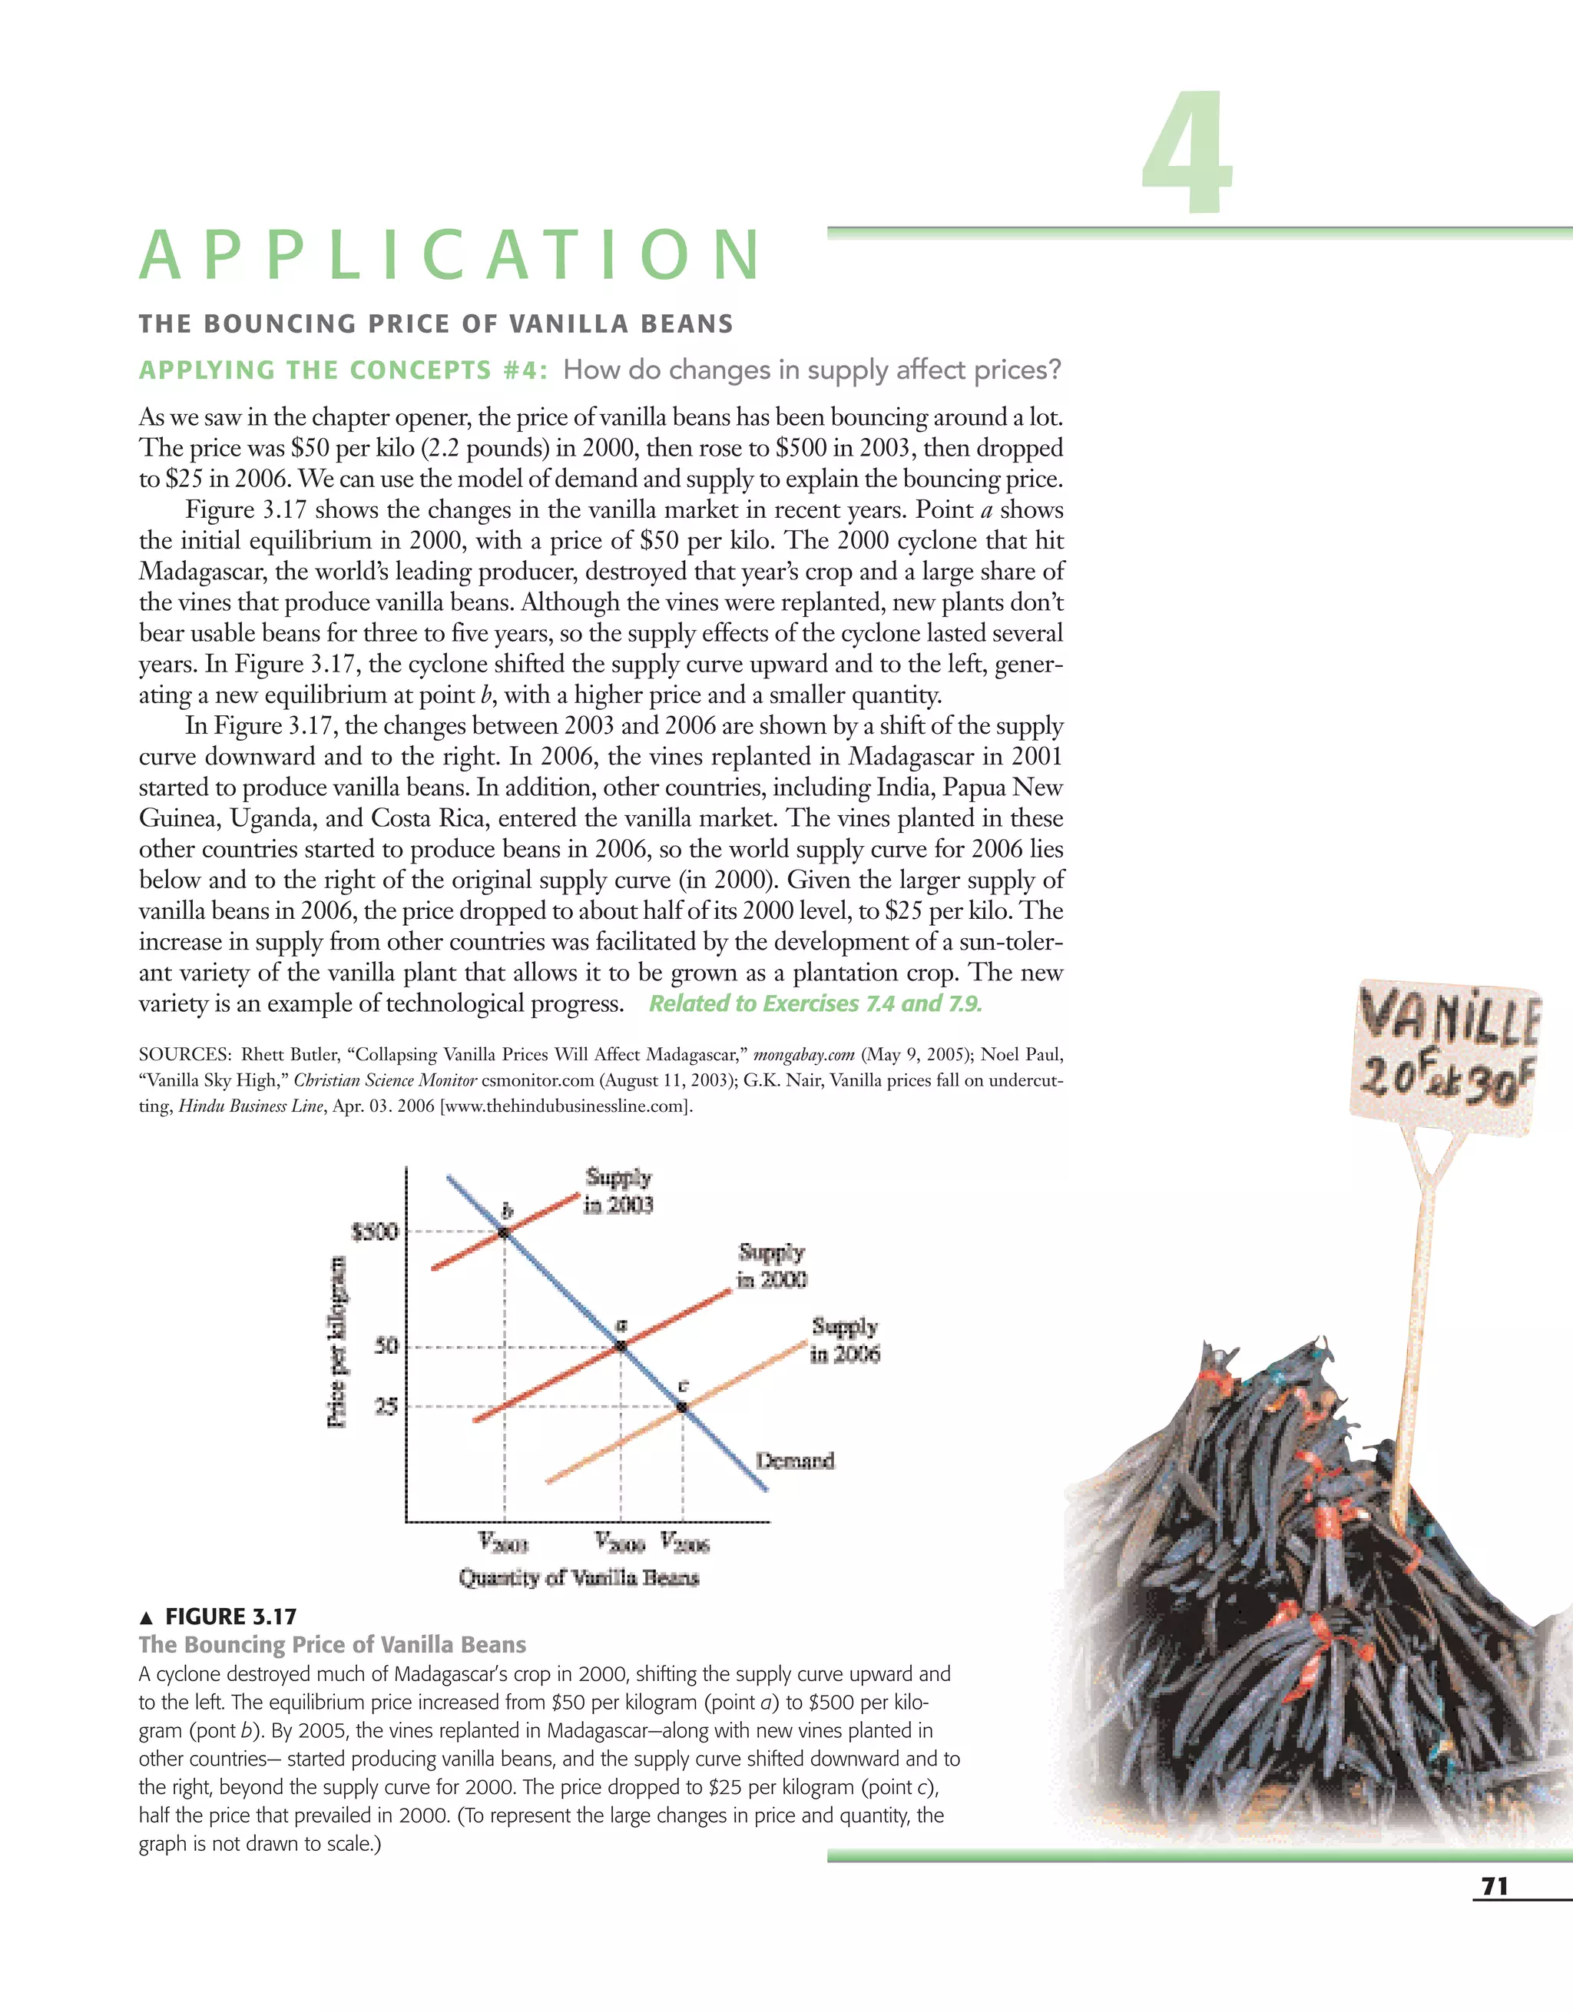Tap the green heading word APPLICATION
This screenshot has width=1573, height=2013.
click(451, 255)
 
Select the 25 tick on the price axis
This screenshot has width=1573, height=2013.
click(386, 1407)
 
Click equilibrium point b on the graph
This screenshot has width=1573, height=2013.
click(504, 1232)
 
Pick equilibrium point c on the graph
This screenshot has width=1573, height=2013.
click(682, 1407)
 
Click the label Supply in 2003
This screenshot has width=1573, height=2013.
click(618, 1191)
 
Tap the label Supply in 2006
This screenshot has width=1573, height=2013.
click(844, 1340)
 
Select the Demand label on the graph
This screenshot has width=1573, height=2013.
click(794, 1460)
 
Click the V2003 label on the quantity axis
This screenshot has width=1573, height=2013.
click(503, 1541)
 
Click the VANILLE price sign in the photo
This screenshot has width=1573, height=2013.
click(1445, 1053)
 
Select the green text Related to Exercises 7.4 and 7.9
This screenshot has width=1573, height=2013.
click(816, 1003)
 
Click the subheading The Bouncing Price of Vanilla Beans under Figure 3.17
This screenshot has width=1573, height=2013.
click(332, 1644)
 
